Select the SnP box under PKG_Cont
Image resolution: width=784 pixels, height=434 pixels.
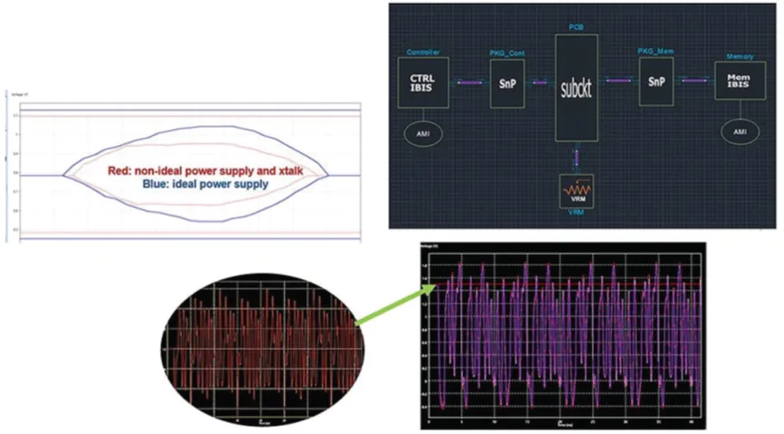(507, 81)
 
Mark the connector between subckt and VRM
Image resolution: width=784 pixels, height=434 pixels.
(576, 158)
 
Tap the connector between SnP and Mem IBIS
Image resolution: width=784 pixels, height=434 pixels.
(693, 82)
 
